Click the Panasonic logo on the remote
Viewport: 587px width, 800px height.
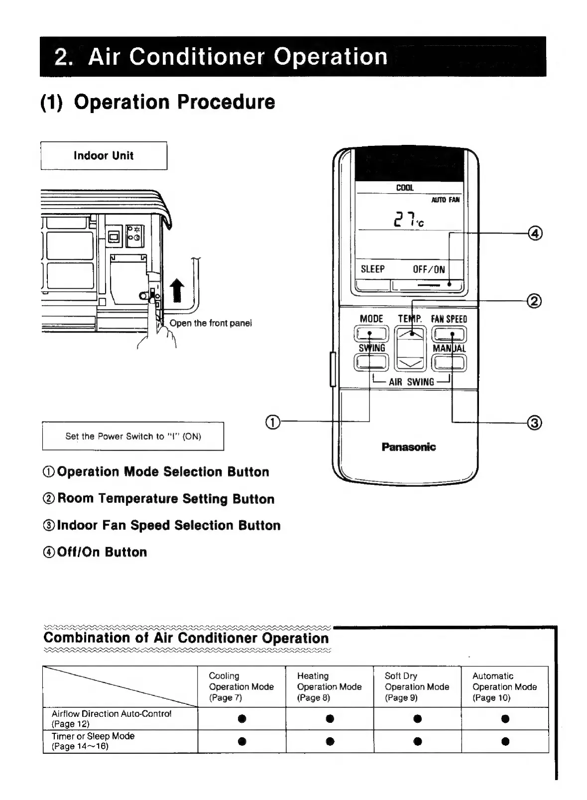click(408, 447)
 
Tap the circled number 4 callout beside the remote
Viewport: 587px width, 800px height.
click(535, 233)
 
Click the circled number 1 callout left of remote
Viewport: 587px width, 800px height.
click(273, 422)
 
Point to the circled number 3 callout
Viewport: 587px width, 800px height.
click(534, 423)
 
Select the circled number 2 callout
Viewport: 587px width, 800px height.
click(534, 301)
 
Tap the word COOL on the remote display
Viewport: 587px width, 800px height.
click(405, 188)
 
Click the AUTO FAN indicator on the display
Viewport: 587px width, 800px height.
click(445, 200)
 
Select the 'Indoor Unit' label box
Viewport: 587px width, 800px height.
click(104, 155)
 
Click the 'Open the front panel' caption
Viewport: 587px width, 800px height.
click(211, 323)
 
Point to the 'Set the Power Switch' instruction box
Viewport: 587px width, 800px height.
click(133, 436)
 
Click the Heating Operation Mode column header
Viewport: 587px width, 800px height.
click(329, 686)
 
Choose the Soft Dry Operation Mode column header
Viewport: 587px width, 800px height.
click(417, 686)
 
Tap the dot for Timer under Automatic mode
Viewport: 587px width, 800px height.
click(505, 741)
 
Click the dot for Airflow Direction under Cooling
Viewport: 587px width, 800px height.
click(242, 718)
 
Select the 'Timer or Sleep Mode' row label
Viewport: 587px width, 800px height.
click(93, 741)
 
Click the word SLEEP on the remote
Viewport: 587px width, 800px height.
click(372, 269)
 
